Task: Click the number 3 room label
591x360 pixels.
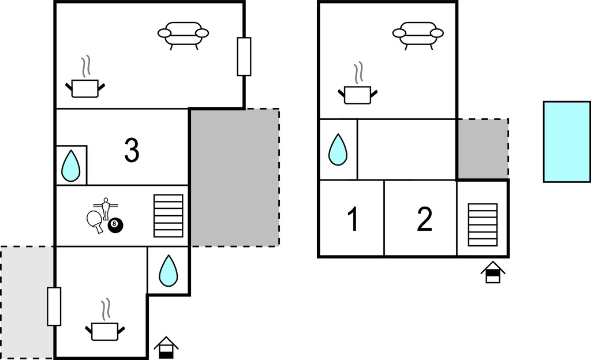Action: coord(132,151)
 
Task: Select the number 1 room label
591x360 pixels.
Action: coord(353,219)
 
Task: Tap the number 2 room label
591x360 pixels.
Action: coord(424,219)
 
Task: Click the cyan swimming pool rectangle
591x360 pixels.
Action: coord(566,141)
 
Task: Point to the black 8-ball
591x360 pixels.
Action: coord(115,226)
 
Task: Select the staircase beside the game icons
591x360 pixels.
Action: coord(169,216)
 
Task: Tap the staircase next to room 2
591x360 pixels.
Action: coord(482,224)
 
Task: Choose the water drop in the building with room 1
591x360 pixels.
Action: coord(338,150)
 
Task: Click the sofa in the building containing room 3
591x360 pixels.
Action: coord(183,35)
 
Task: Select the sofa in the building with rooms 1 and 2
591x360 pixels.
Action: coord(418,35)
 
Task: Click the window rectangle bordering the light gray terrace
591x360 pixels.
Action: coord(54,306)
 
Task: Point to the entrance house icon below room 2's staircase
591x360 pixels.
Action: coord(492,272)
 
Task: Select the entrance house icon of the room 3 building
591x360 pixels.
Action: coord(166,347)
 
